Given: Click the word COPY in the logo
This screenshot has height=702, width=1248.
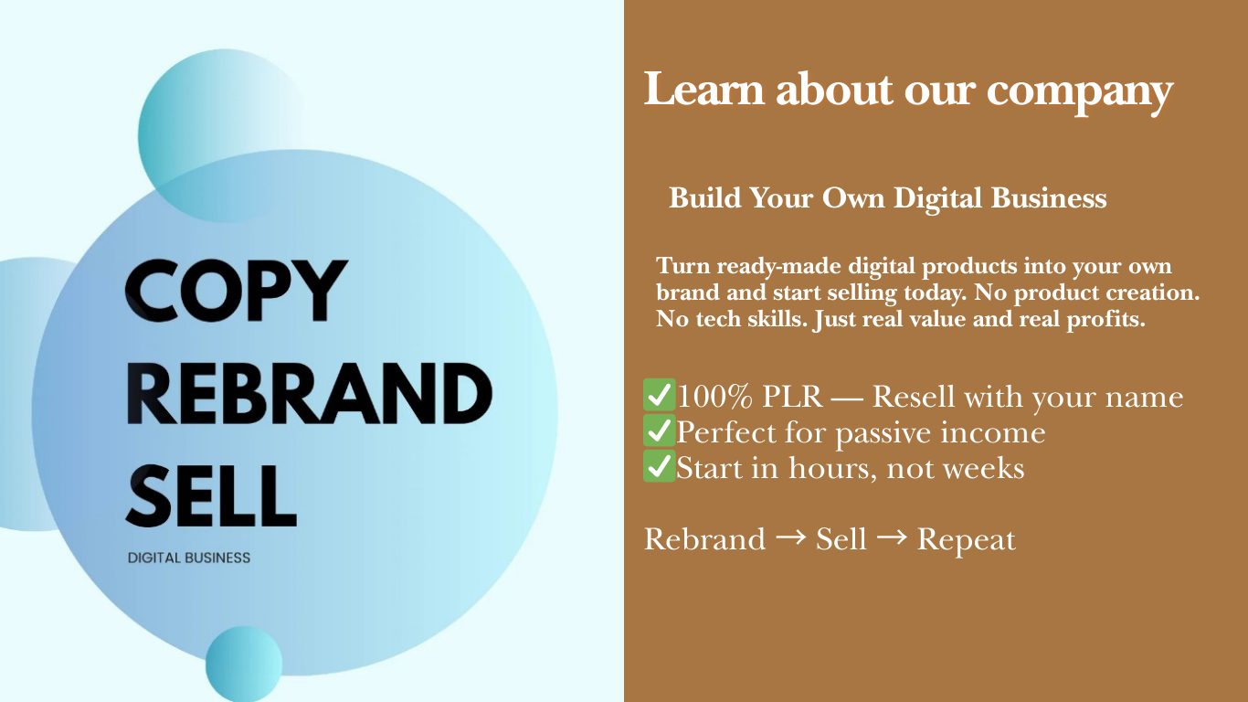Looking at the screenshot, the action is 237,291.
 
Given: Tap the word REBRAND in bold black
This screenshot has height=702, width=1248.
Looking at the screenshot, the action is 309,394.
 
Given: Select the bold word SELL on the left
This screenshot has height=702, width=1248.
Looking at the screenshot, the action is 211,496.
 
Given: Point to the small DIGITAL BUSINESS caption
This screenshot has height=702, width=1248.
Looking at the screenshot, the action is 189,558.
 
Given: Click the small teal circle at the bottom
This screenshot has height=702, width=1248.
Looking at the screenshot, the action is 244,664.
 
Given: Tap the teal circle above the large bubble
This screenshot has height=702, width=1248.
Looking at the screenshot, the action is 222,135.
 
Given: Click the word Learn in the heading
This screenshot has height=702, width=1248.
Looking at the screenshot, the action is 703,90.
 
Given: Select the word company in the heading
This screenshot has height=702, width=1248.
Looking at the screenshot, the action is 1080,93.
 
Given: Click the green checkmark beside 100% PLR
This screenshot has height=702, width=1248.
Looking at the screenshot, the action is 659,395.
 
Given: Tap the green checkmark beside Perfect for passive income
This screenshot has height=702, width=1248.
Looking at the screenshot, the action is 659,431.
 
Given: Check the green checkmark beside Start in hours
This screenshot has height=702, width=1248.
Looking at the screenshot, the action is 659,466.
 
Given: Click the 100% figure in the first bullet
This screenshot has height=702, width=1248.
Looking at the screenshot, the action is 714,397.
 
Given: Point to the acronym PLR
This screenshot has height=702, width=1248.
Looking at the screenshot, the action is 792,397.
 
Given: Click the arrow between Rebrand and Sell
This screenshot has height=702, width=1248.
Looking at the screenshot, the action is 790,537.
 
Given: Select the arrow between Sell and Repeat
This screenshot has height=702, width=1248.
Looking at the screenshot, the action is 892,537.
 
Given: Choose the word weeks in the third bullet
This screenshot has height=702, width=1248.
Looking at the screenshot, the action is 983,467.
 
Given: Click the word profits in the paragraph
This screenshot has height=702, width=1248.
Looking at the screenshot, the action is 1105,321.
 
